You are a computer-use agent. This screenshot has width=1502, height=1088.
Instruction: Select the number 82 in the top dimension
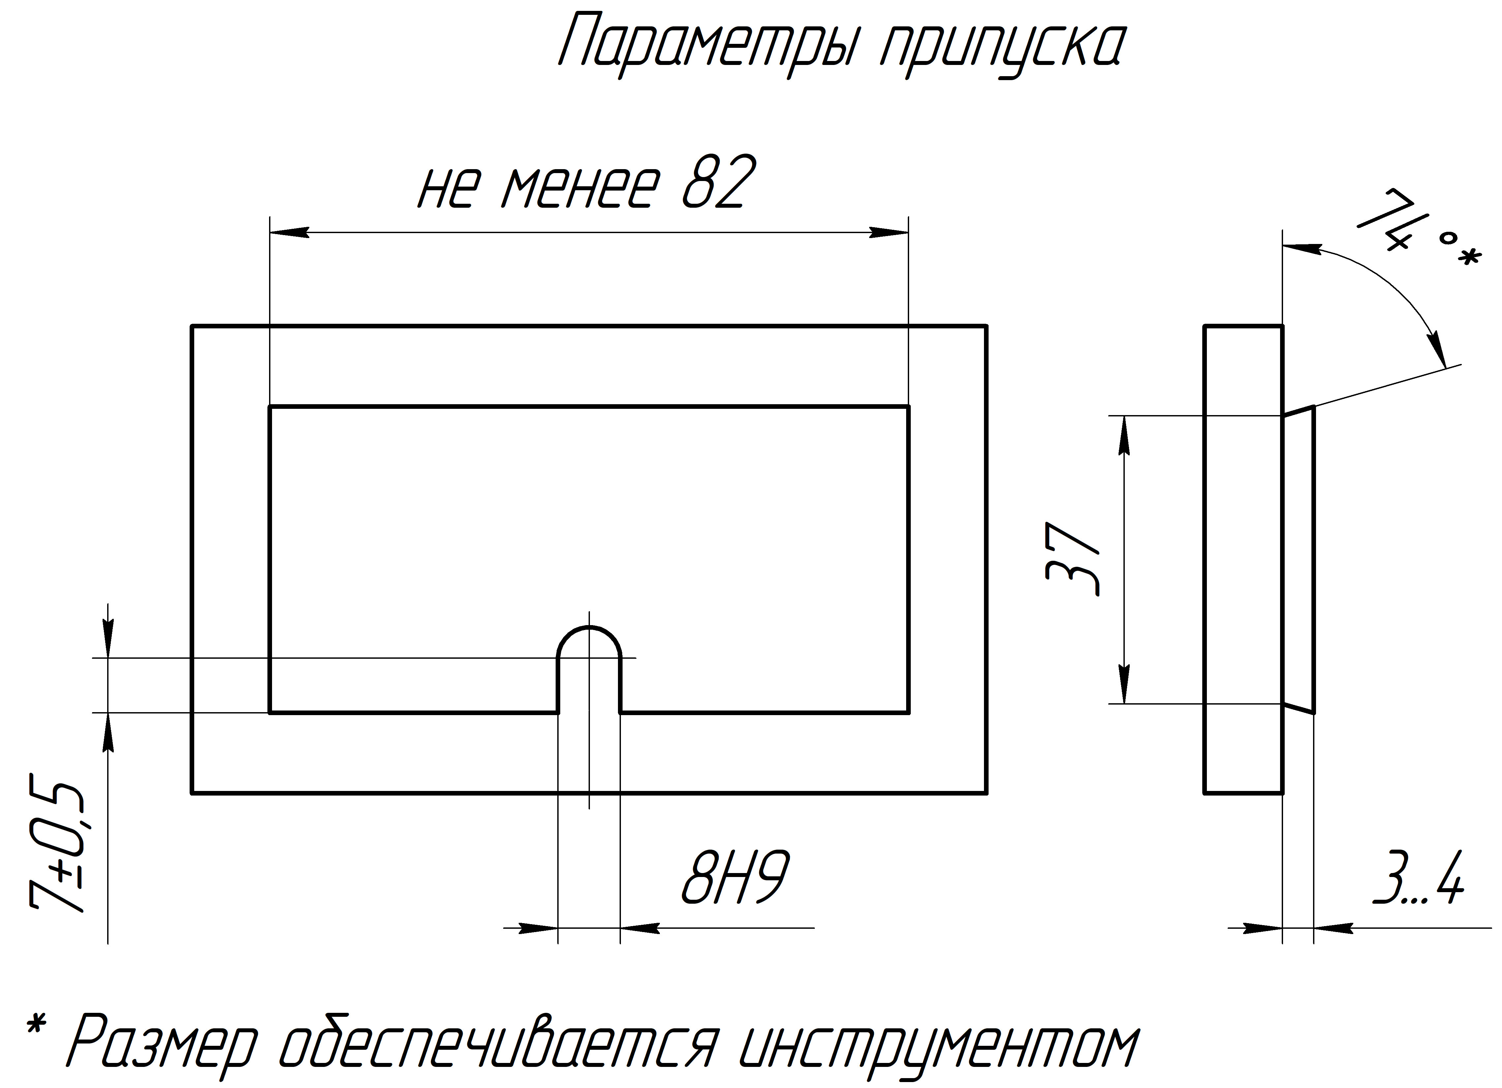pos(719,183)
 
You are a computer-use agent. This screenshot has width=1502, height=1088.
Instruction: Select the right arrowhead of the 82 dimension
pos(889,232)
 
